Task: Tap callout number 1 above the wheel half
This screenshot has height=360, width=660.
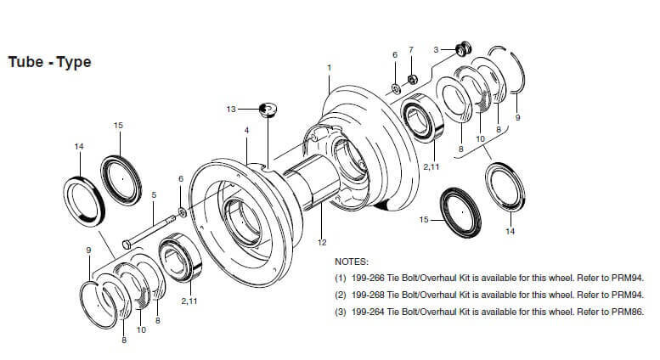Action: (329, 66)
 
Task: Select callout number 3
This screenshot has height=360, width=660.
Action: (436, 51)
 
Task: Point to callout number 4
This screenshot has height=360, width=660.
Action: (246, 131)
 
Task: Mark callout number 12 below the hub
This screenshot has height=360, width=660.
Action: (321, 243)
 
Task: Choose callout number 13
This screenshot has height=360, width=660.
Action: (230, 109)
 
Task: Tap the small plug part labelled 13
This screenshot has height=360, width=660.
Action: (268, 110)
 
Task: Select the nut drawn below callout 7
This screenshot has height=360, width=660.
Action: (410, 79)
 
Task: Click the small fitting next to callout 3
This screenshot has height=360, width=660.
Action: (464, 48)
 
